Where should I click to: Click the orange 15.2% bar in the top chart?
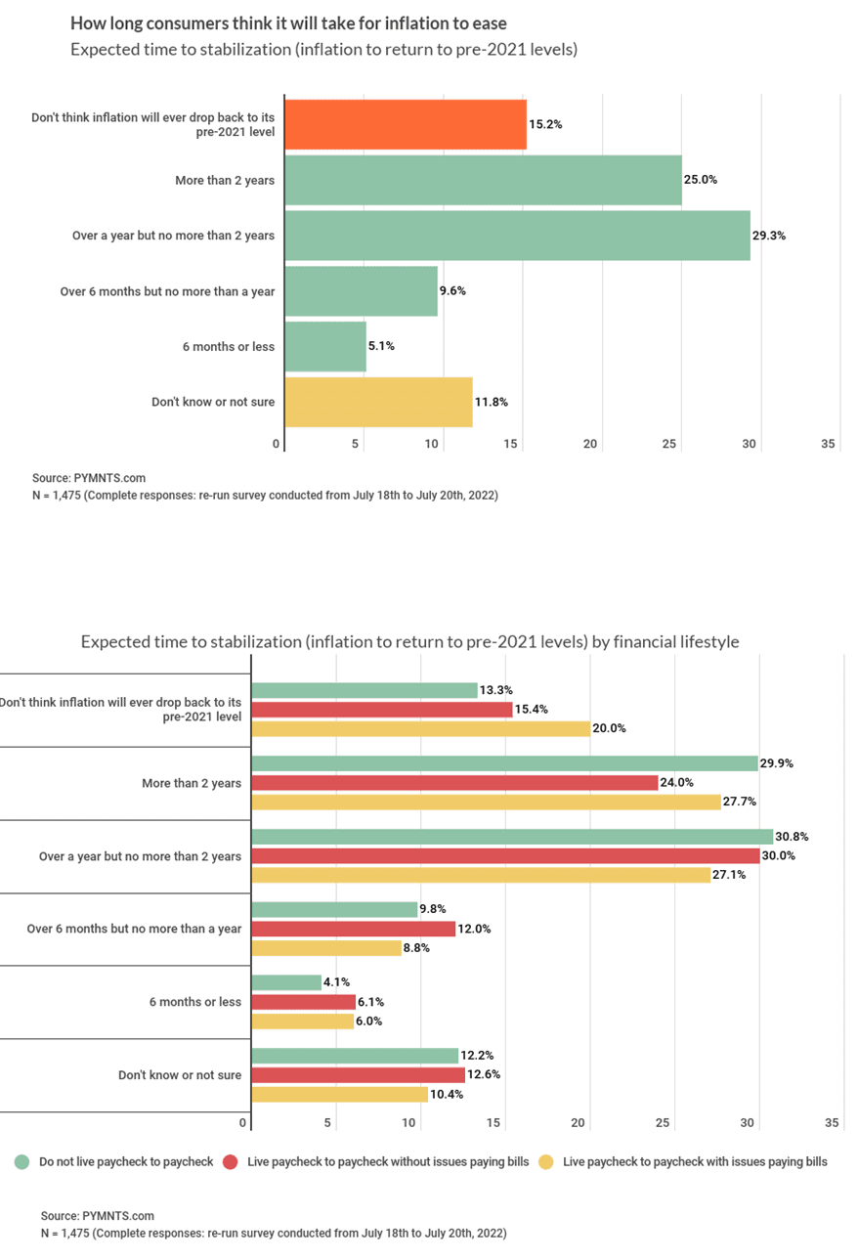pos(406,124)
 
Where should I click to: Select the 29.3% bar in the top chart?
pos(517,236)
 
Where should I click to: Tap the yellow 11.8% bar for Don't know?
pos(378,402)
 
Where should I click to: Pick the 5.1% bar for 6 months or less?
pos(325,346)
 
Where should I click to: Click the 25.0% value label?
pos(700,180)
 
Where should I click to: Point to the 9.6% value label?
pos(452,291)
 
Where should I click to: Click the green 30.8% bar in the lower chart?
pos(512,837)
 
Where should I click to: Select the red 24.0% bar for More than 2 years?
pos(454,782)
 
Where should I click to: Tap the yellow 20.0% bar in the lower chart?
pos(421,728)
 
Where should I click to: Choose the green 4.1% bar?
pos(286,982)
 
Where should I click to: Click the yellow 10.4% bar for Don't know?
pos(340,1094)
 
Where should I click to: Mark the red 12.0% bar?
pos(354,929)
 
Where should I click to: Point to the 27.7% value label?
pos(740,801)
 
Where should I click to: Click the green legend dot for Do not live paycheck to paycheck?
pos(21,1162)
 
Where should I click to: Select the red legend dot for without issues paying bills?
pos(230,1162)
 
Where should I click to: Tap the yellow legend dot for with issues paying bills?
pos(546,1162)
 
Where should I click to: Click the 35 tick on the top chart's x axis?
pos(828,444)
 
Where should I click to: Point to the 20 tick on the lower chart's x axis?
pos(578,1123)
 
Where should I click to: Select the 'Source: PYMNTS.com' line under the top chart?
pos(89,478)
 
